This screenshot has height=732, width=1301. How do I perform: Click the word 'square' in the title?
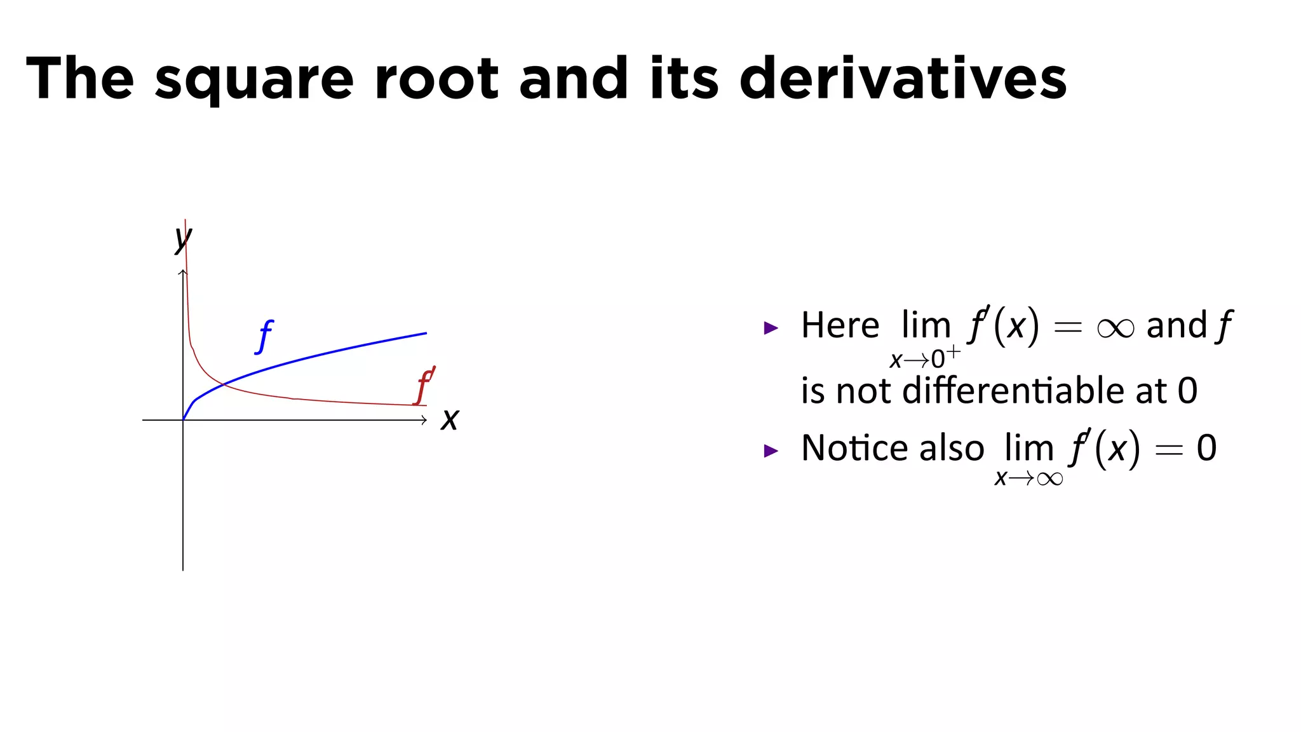254,79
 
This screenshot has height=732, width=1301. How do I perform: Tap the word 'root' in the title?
437,79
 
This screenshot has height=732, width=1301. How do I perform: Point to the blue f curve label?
264,336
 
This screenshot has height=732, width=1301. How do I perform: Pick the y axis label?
183,239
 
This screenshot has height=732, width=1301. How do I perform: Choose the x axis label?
450,419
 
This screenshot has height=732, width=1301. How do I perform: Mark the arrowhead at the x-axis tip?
424,420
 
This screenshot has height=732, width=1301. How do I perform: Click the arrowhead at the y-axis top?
183,273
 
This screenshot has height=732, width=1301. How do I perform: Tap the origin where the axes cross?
183,420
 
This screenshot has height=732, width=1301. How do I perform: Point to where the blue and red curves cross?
223,384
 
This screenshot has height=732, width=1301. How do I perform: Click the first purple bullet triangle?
771,328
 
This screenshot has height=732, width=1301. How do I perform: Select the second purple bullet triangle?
771,451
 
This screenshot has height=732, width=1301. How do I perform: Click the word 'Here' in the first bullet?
840,325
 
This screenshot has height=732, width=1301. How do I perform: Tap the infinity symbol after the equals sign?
1115,328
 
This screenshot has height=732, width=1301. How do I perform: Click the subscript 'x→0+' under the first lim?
924,359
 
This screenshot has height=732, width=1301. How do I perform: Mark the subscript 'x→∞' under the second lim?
1028,478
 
